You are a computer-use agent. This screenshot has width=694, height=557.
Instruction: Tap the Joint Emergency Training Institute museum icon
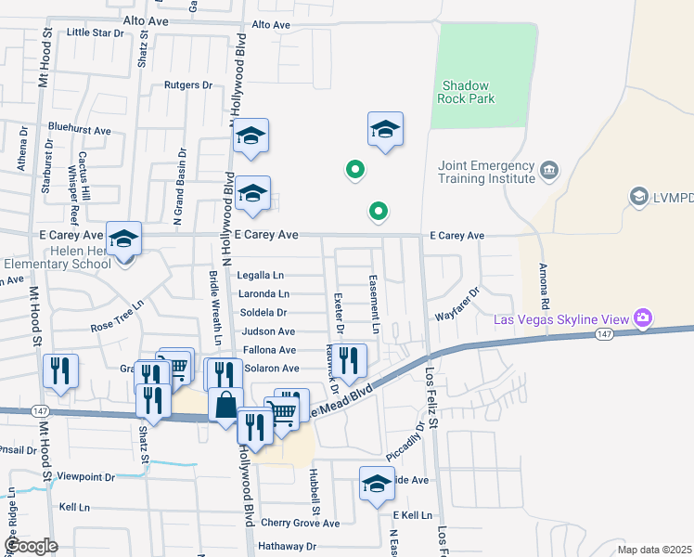pyautogui.click(x=549, y=170)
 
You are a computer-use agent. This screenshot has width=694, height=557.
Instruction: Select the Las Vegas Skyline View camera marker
pyautogui.click(x=643, y=318)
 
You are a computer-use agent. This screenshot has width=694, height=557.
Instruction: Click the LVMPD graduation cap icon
pyautogui.click(x=638, y=196)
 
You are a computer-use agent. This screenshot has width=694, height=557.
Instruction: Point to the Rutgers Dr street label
pyautogui.click(x=188, y=84)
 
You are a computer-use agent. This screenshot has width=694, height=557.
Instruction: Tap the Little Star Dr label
pyautogui.click(x=96, y=32)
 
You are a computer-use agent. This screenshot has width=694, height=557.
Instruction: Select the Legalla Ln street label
pyautogui.click(x=261, y=276)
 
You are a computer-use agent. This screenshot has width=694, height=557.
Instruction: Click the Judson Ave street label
pyautogui.click(x=268, y=331)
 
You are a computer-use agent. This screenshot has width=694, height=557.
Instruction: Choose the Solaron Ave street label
pyautogui.click(x=271, y=369)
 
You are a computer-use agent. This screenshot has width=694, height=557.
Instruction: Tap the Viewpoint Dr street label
pyautogui.click(x=85, y=476)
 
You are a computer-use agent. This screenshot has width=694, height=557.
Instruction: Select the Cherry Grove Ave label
pyautogui.click(x=300, y=524)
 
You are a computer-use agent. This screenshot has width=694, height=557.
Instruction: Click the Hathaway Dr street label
pyautogui.click(x=287, y=547)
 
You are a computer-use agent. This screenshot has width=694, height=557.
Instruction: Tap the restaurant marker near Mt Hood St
pyautogui.click(x=60, y=370)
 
